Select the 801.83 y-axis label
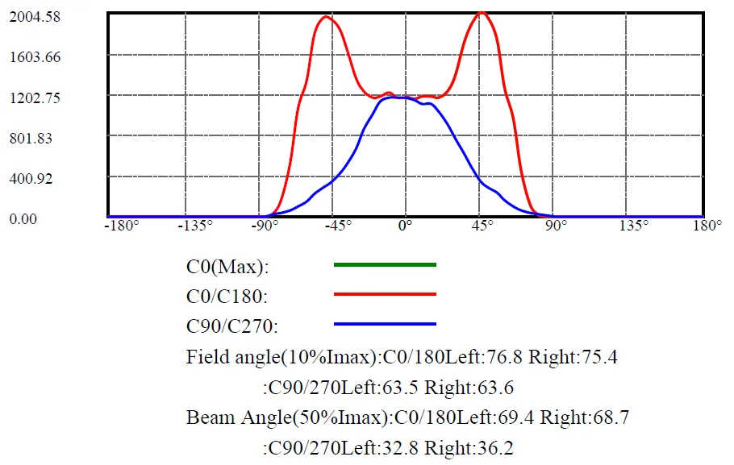31,138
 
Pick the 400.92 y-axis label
31,178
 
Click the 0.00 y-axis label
23,218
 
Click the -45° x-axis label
337,226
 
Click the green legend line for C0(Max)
385,264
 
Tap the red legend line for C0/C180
385,294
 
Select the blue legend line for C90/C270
385,324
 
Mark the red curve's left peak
326,17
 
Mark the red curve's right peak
482,13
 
